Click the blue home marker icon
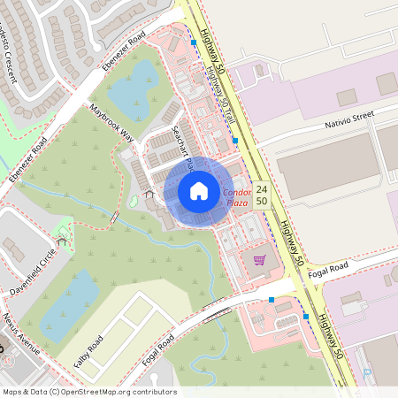[199, 190]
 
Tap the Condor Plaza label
[237, 197]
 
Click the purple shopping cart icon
[259, 260]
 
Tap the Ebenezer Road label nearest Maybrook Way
[123, 52]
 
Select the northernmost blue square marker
[193, 42]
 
